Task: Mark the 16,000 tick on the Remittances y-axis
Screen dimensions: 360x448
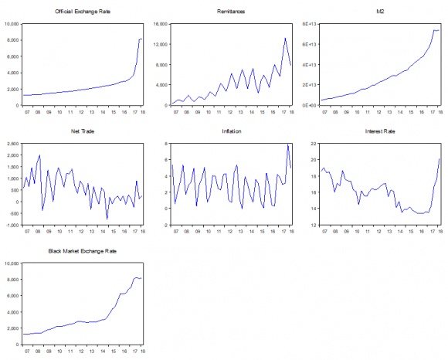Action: (x=159, y=24)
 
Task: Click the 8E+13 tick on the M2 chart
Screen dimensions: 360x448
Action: (x=308, y=24)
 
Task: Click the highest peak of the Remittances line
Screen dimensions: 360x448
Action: (x=285, y=38)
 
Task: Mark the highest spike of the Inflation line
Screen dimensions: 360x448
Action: (x=287, y=144)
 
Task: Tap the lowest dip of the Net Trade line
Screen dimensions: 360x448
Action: (x=107, y=219)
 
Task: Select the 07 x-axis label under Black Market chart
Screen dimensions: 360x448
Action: (x=28, y=352)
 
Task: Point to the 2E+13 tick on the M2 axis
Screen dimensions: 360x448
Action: (x=308, y=84)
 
